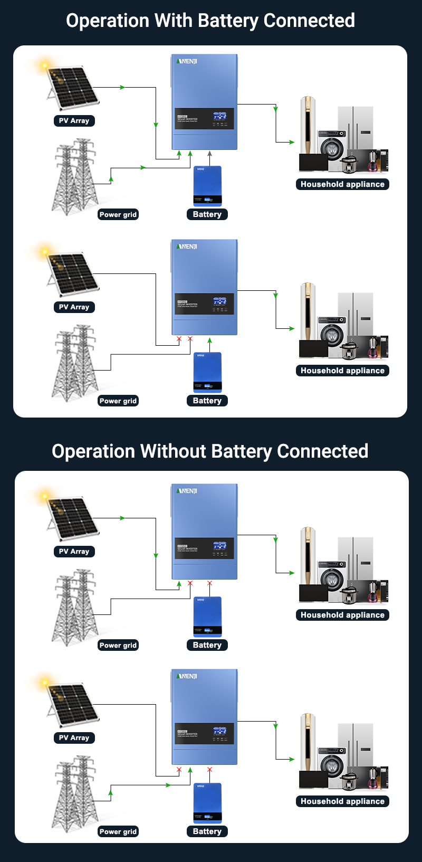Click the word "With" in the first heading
click(x=172, y=21)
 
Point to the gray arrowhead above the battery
click(x=209, y=154)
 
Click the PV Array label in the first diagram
click(x=74, y=121)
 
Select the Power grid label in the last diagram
click(x=118, y=831)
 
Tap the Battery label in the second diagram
click(x=207, y=401)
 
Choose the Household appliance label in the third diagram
click(x=342, y=615)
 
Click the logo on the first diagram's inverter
click(x=187, y=61)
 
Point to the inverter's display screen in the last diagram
click(x=220, y=731)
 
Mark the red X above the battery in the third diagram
click(x=209, y=583)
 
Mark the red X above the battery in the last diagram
click(x=209, y=770)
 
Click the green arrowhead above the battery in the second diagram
click(x=209, y=340)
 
